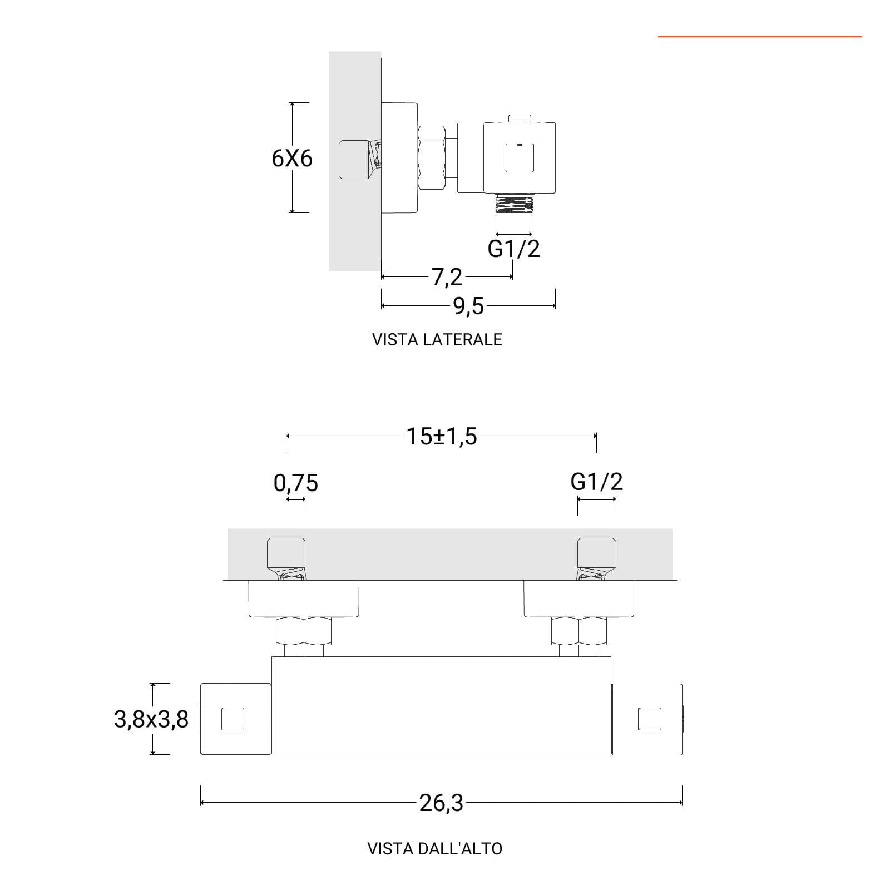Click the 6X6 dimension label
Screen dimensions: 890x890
pyautogui.click(x=292, y=159)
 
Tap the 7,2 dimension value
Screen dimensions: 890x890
pyautogui.click(x=447, y=277)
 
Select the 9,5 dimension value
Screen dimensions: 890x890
pyautogui.click(x=469, y=306)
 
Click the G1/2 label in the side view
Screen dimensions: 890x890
pyautogui.click(x=513, y=248)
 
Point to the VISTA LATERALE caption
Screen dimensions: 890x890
pyautogui.click(x=437, y=339)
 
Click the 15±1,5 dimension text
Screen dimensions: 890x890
pyautogui.click(x=442, y=437)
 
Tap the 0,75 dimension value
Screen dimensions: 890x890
pyautogui.click(x=296, y=483)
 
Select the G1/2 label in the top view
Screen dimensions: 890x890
pyautogui.click(x=597, y=481)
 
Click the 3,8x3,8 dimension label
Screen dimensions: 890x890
pyautogui.click(x=151, y=719)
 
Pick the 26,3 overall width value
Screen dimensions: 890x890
pyautogui.click(x=441, y=803)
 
